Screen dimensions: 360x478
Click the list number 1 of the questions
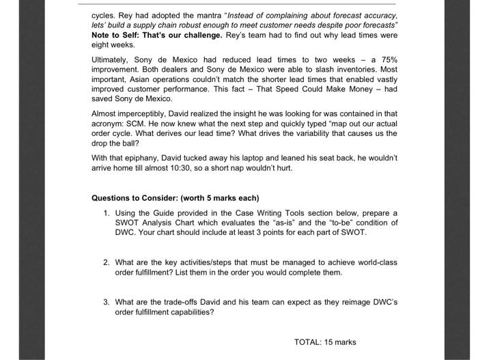point(107,213)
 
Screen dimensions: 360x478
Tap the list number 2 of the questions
point(107,262)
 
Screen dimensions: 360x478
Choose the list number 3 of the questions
point(107,302)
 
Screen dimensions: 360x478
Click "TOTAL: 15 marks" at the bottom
point(324,342)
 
